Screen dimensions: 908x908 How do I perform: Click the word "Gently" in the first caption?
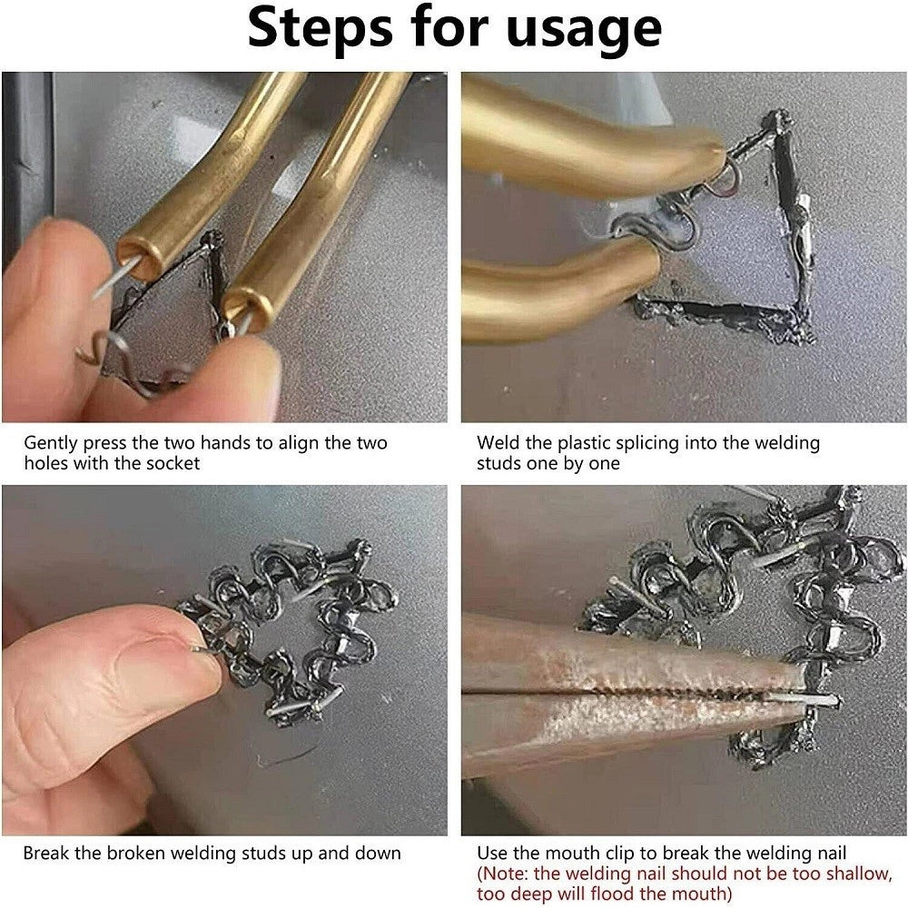pos(51,444)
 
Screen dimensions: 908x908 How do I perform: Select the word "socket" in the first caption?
pos(173,463)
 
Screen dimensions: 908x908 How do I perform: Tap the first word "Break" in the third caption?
pos(45,854)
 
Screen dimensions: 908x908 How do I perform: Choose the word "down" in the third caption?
pos(377,854)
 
